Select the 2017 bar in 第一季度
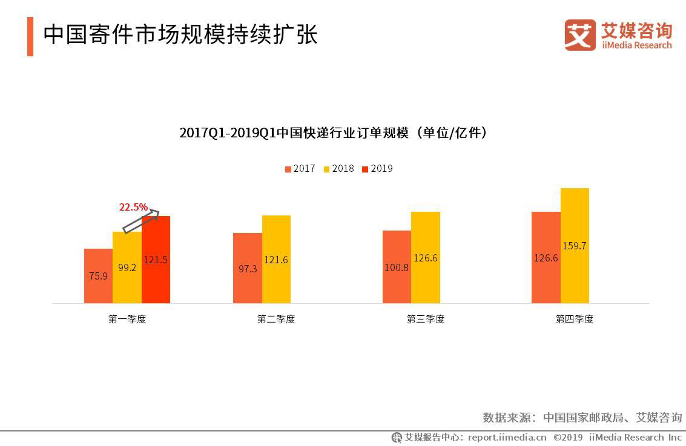pyautogui.click(x=98, y=275)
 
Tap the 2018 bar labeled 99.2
pyautogui.click(x=127, y=267)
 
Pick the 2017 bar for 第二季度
pyautogui.click(x=247, y=267)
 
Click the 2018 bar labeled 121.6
pyautogui.click(x=276, y=259)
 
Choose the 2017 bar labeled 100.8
pyautogui.click(x=397, y=266)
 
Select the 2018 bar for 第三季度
pyautogui.click(x=426, y=257)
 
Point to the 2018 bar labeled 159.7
pyautogui.click(x=575, y=245)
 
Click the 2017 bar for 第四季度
pyautogui.click(x=546, y=257)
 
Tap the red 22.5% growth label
pyautogui.click(x=133, y=207)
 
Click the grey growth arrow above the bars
pyautogui.click(x=141, y=221)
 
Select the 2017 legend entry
pyautogui.click(x=300, y=169)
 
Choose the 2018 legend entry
pyautogui.click(x=339, y=169)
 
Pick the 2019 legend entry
pyautogui.click(x=377, y=169)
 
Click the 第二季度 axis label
pyautogui.click(x=276, y=319)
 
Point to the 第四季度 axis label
pyautogui.click(x=575, y=319)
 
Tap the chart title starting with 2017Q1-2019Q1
pyautogui.click(x=334, y=133)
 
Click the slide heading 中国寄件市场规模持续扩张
pyautogui.click(x=180, y=34)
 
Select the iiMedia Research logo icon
pyautogui.click(x=580, y=35)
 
